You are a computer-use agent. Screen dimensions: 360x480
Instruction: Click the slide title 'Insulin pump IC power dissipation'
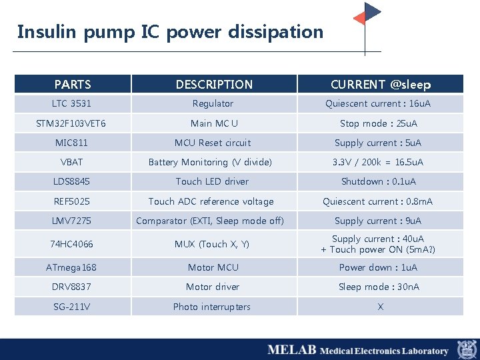(x=170, y=32)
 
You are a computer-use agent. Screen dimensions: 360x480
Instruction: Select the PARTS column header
(x=73, y=85)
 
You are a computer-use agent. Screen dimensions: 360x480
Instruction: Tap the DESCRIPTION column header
(x=214, y=85)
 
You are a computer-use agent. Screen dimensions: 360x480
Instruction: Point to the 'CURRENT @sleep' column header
(x=381, y=85)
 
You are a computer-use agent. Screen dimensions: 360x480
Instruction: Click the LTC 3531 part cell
(x=72, y=104)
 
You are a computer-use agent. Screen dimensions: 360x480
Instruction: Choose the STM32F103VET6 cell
(x=72, y=123)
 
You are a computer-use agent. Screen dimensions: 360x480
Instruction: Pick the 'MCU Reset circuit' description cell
(x=213, y=143)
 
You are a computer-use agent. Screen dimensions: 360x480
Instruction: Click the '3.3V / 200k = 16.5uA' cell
(x=378, y=162)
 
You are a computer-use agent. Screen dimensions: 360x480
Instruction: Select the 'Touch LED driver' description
(x=212, y=181)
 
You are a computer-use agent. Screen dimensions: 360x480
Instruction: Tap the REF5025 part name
(x=72, y=201)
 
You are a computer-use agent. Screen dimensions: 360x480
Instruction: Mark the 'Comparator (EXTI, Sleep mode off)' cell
(x=210, y=221)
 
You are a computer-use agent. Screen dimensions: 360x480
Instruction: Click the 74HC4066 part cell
(x=72, y=244)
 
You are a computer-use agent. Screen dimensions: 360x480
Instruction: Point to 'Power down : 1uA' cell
(x=378, y=267)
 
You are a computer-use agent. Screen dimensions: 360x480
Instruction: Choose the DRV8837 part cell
(x=72, y=287)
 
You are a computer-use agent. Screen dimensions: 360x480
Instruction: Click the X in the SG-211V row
(x=380, y=307)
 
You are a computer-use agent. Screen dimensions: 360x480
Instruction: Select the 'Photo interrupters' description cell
(x=212, y=307)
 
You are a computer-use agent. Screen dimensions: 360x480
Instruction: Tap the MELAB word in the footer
(x=291, y=350)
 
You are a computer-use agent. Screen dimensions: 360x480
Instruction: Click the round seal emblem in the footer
(x=467, y=349)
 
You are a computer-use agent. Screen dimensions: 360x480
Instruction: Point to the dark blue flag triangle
(x=372, y=11)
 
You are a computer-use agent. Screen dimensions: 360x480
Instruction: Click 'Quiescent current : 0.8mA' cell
(x=378, y=201)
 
